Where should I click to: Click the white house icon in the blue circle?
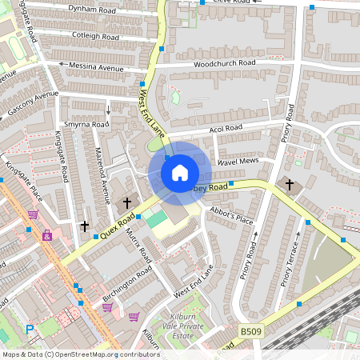click(180, 172)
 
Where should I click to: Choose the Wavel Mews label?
click(237, 162)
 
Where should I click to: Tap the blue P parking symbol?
click(30, 329)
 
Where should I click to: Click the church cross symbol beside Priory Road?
click(290, 186)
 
